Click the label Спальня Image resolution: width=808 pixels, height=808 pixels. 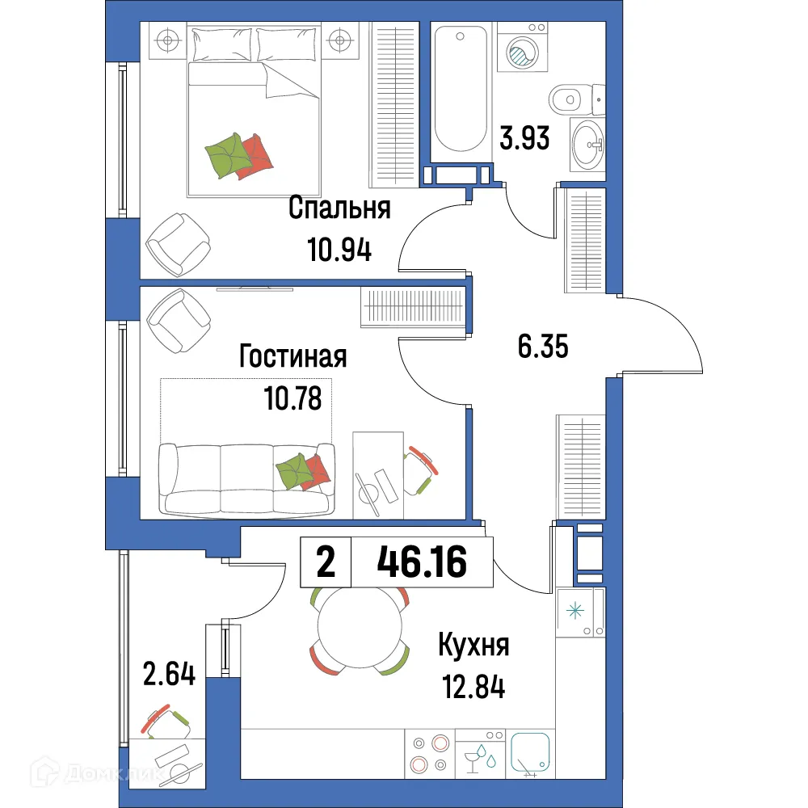click(339, 208)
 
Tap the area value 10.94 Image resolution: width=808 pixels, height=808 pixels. click(339, 251)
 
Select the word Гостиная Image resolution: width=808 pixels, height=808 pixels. click(293, 356)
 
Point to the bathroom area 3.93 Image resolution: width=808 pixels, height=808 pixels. click(524, 139)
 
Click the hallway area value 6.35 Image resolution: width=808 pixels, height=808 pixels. click(543, 347)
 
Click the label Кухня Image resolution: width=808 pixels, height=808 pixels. click(473, 646)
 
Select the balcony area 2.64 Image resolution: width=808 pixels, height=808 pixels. click(170, 673)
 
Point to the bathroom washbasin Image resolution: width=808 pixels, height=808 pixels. click(587, 145)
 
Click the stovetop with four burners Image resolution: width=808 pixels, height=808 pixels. click(429, 753)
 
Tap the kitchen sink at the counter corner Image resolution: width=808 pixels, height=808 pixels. click(531, 753)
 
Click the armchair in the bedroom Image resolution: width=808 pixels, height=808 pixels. click(179, 243)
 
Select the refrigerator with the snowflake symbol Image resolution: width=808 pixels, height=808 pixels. click(581, 612)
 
